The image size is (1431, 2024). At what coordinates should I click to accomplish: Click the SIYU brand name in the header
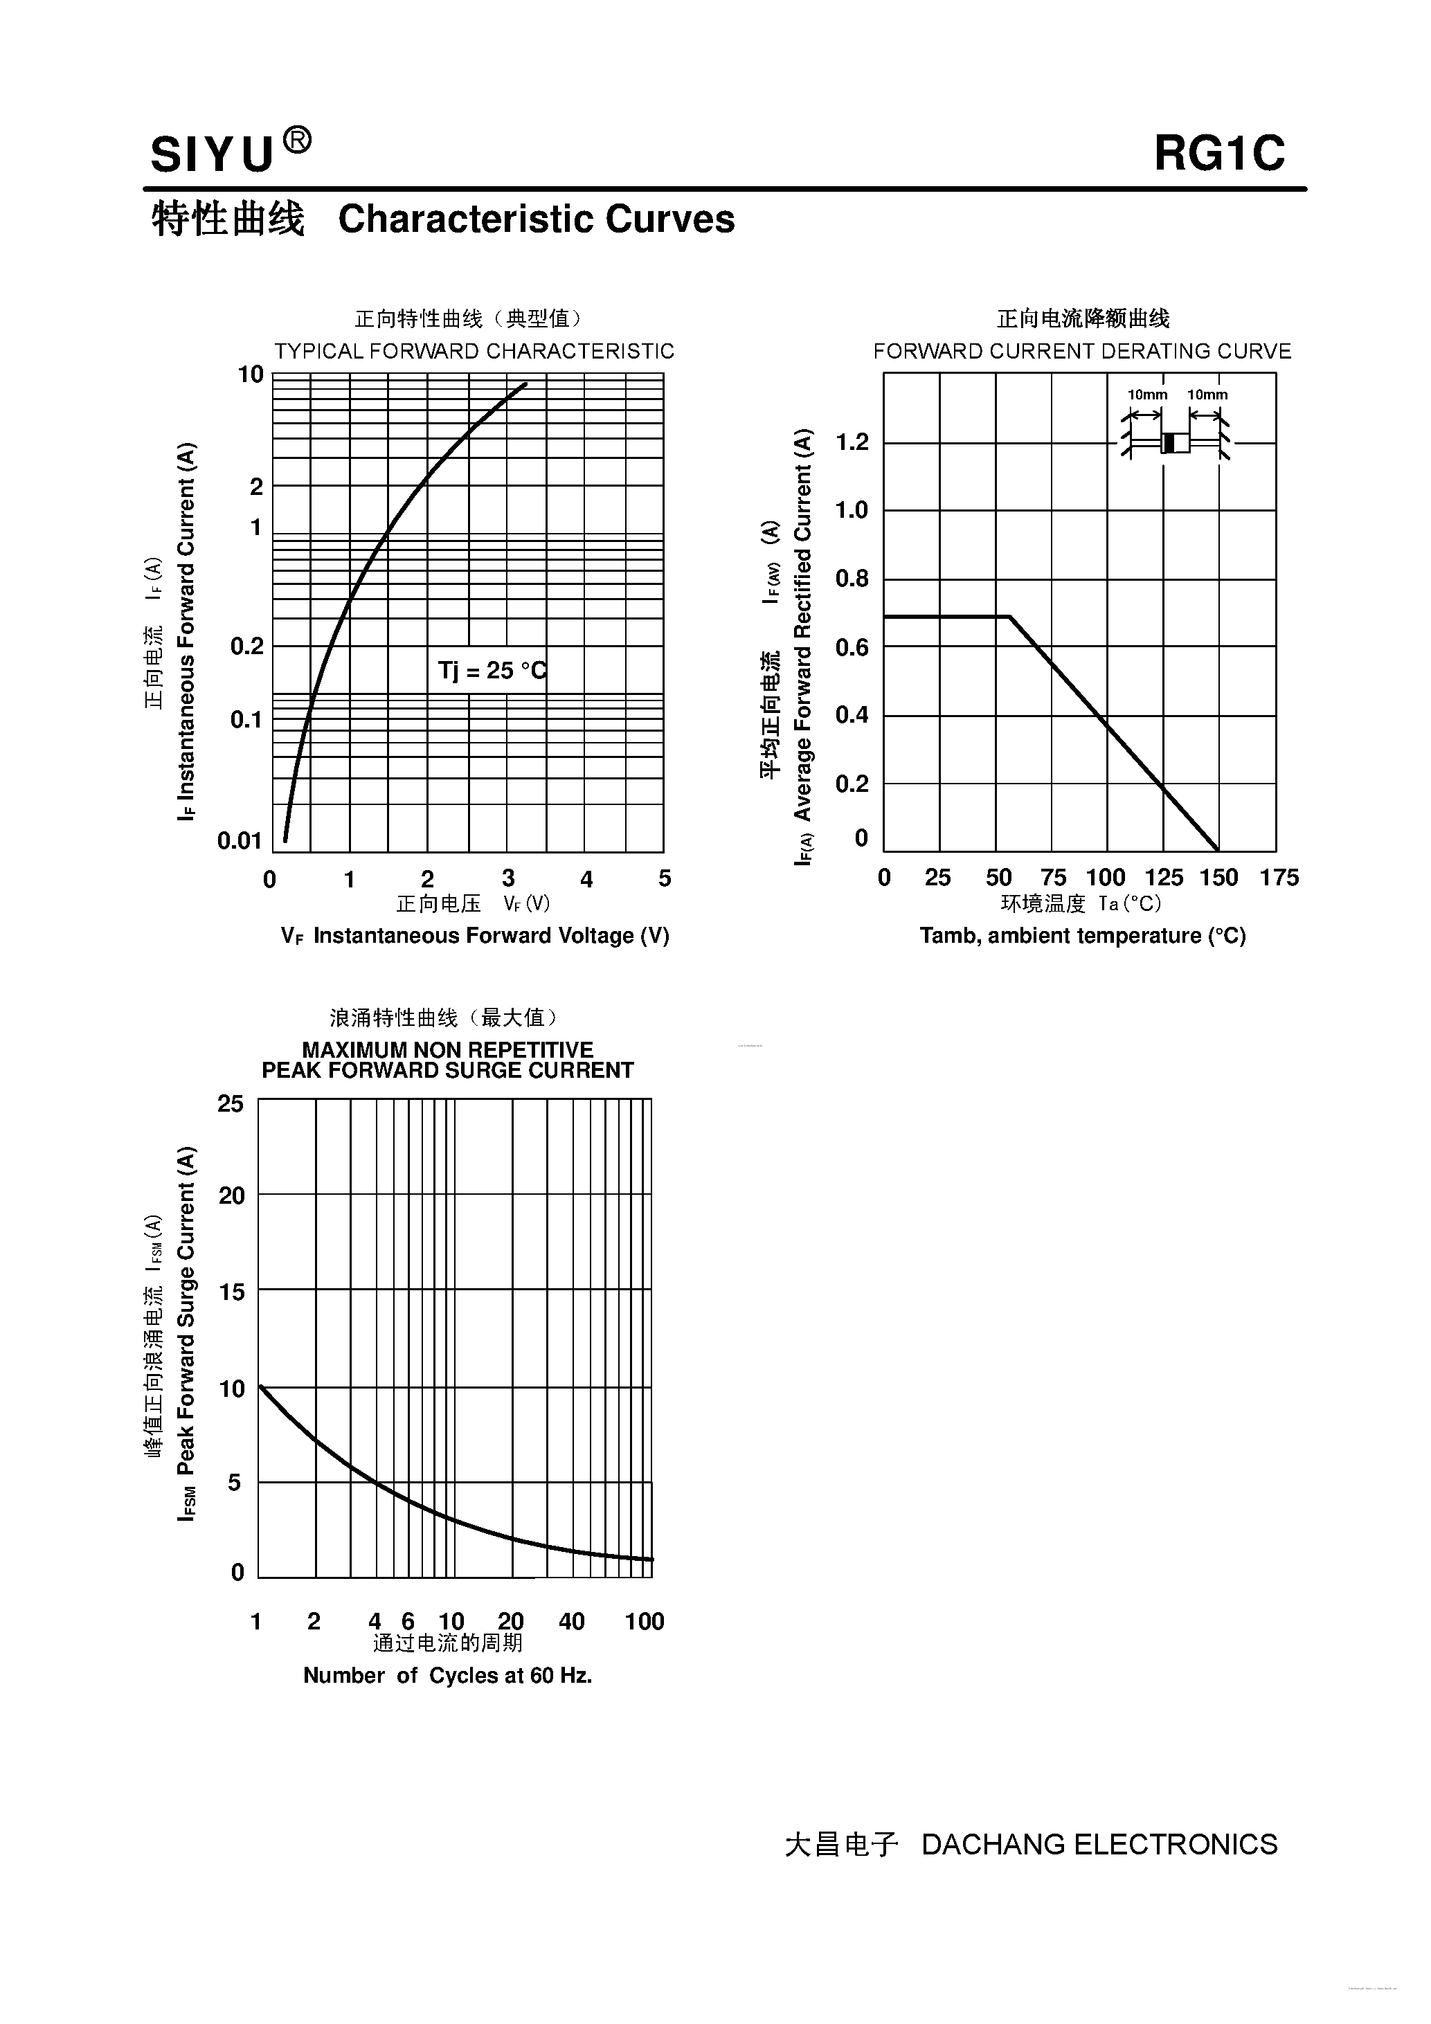(213, 154)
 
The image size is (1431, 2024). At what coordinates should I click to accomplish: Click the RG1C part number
(1219, 154)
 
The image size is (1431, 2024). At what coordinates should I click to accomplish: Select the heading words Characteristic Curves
(536, 219)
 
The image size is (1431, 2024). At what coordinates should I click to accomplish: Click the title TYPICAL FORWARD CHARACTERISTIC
(474, 351)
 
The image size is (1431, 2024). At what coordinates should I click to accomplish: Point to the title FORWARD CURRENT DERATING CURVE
(1082, 351)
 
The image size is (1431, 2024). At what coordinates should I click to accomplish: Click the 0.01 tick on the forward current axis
(240, 840)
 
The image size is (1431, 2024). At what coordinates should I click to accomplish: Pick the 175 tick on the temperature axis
(1279, 877)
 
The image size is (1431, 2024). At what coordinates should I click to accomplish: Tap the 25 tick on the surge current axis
(231, 1103)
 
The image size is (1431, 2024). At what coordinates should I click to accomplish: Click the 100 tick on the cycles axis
(645, 1621)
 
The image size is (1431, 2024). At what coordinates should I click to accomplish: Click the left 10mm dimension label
(1147, 395)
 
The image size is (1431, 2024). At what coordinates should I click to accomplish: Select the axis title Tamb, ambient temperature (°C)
(1083, 935)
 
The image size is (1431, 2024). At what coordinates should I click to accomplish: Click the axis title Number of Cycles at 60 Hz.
(447, 1675)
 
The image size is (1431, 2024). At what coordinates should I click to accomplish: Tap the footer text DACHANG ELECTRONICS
(1099, 1844)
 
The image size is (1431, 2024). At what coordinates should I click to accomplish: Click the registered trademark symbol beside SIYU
(297, 141)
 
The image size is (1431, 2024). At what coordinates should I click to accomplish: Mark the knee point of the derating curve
(1009, 617)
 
